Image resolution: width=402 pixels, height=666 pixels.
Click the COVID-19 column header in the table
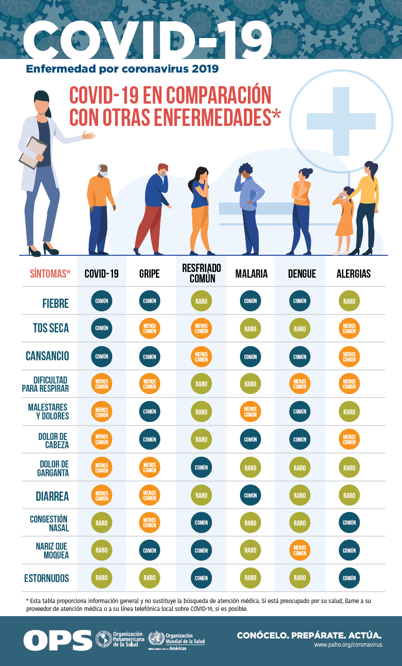102,274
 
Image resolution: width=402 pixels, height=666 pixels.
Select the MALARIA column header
251,274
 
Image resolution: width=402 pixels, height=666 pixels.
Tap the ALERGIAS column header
353,274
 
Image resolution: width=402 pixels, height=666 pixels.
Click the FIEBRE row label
55,303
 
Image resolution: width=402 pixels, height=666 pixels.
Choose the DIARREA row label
52,496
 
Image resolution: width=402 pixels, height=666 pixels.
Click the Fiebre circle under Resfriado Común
201,301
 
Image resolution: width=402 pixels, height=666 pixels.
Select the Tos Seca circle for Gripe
149,328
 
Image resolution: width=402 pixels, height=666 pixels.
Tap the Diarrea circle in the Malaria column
250,495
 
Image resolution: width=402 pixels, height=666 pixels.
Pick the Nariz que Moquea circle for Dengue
300,551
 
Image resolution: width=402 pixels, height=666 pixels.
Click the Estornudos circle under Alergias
349,578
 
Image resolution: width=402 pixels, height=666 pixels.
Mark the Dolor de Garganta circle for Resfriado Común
201,467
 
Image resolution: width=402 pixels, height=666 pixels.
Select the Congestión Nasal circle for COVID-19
102,523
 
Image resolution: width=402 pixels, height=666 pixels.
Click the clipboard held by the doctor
33,153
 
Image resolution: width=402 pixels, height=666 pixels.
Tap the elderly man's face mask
103,173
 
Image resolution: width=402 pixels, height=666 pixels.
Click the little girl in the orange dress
343,220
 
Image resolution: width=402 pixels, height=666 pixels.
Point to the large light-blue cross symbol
341,121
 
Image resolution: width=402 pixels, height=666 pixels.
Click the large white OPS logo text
58,640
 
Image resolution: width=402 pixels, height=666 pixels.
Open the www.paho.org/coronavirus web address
348,645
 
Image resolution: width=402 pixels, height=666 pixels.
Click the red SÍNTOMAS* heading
50,274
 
